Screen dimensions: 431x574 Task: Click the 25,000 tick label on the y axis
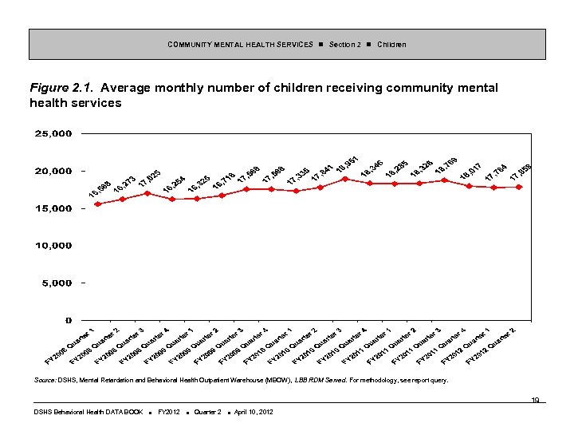[53, 133]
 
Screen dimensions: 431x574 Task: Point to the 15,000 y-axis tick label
[53, 208]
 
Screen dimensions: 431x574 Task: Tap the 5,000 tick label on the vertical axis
[56, 283]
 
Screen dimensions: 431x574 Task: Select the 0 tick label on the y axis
[69, 320]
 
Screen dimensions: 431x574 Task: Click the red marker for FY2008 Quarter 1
[98, 204]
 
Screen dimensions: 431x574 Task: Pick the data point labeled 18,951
[344, 179]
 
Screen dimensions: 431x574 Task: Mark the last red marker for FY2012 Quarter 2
[519, 187]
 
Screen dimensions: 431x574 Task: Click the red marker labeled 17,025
[147, 193]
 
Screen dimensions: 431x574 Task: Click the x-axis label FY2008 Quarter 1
[70, 345]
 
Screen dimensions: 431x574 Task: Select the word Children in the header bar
[391, 45]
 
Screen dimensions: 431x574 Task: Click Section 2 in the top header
[344, 45]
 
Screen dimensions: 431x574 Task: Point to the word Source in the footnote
[45, 381]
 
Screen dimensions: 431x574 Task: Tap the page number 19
[537, 400]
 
